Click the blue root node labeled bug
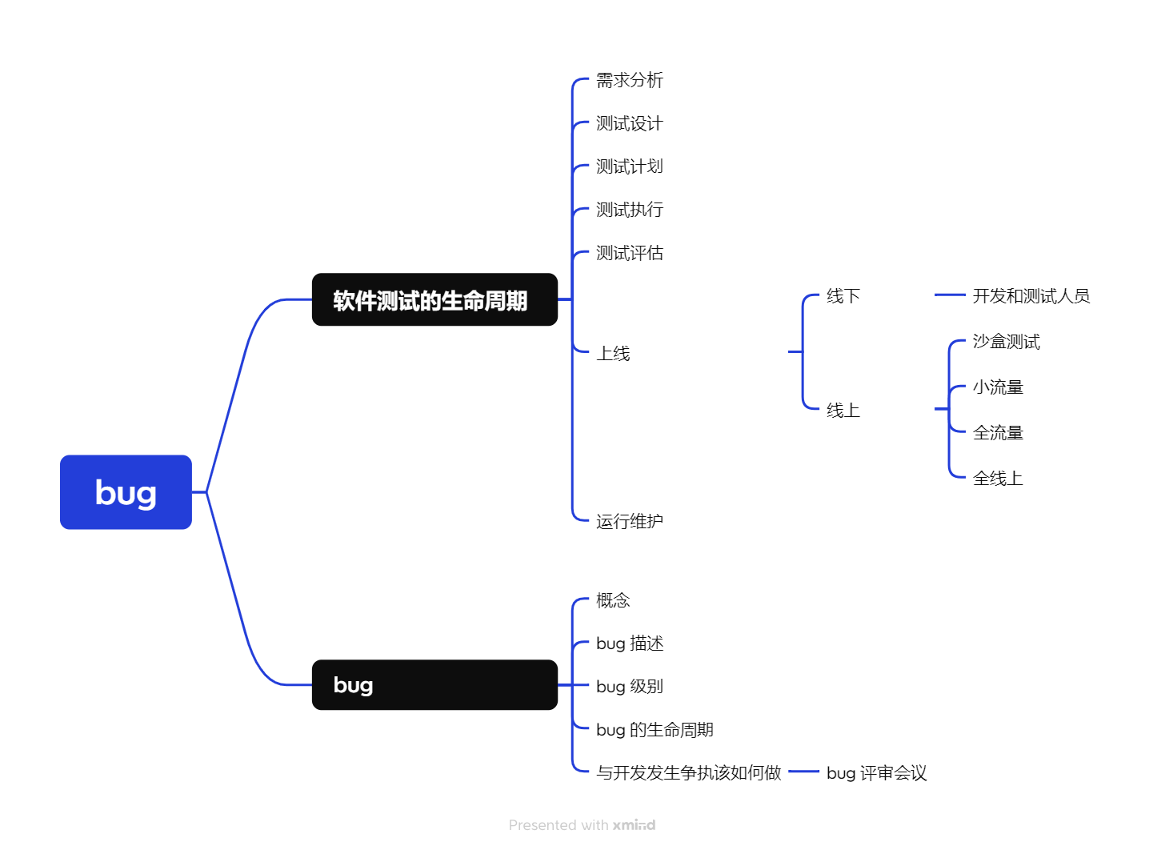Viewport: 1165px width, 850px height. (x=126, y=492)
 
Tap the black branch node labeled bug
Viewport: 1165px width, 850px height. (x=434, y=685)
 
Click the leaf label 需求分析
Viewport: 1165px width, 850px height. (x=629, y=80)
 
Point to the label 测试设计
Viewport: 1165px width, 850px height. (x=629, y=123)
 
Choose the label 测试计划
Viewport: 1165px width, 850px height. (x=629, y=166)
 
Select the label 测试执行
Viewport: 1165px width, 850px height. (x=629, y=210)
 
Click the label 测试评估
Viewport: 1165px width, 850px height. (x=629, y=253)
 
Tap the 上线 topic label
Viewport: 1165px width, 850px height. (x=613, y=353)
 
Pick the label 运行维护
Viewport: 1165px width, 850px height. (x=629, y=521)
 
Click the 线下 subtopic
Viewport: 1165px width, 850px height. (x=843, y=296)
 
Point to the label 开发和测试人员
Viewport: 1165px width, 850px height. (x=1031, y=296)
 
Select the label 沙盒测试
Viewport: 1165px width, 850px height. (x=1006, y=342)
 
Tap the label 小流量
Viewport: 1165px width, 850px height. (x=998, y=387)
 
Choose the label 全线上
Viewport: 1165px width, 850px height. (x=998, y=479)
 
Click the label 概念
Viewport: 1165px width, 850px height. (x=613, y=600)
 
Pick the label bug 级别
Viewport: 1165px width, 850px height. (x=629, y=687)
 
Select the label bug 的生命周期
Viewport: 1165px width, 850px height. (x=655, y=730)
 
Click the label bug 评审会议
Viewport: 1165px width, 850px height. (x=876, y=773)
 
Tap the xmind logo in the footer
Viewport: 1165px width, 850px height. (x=634, y=825)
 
